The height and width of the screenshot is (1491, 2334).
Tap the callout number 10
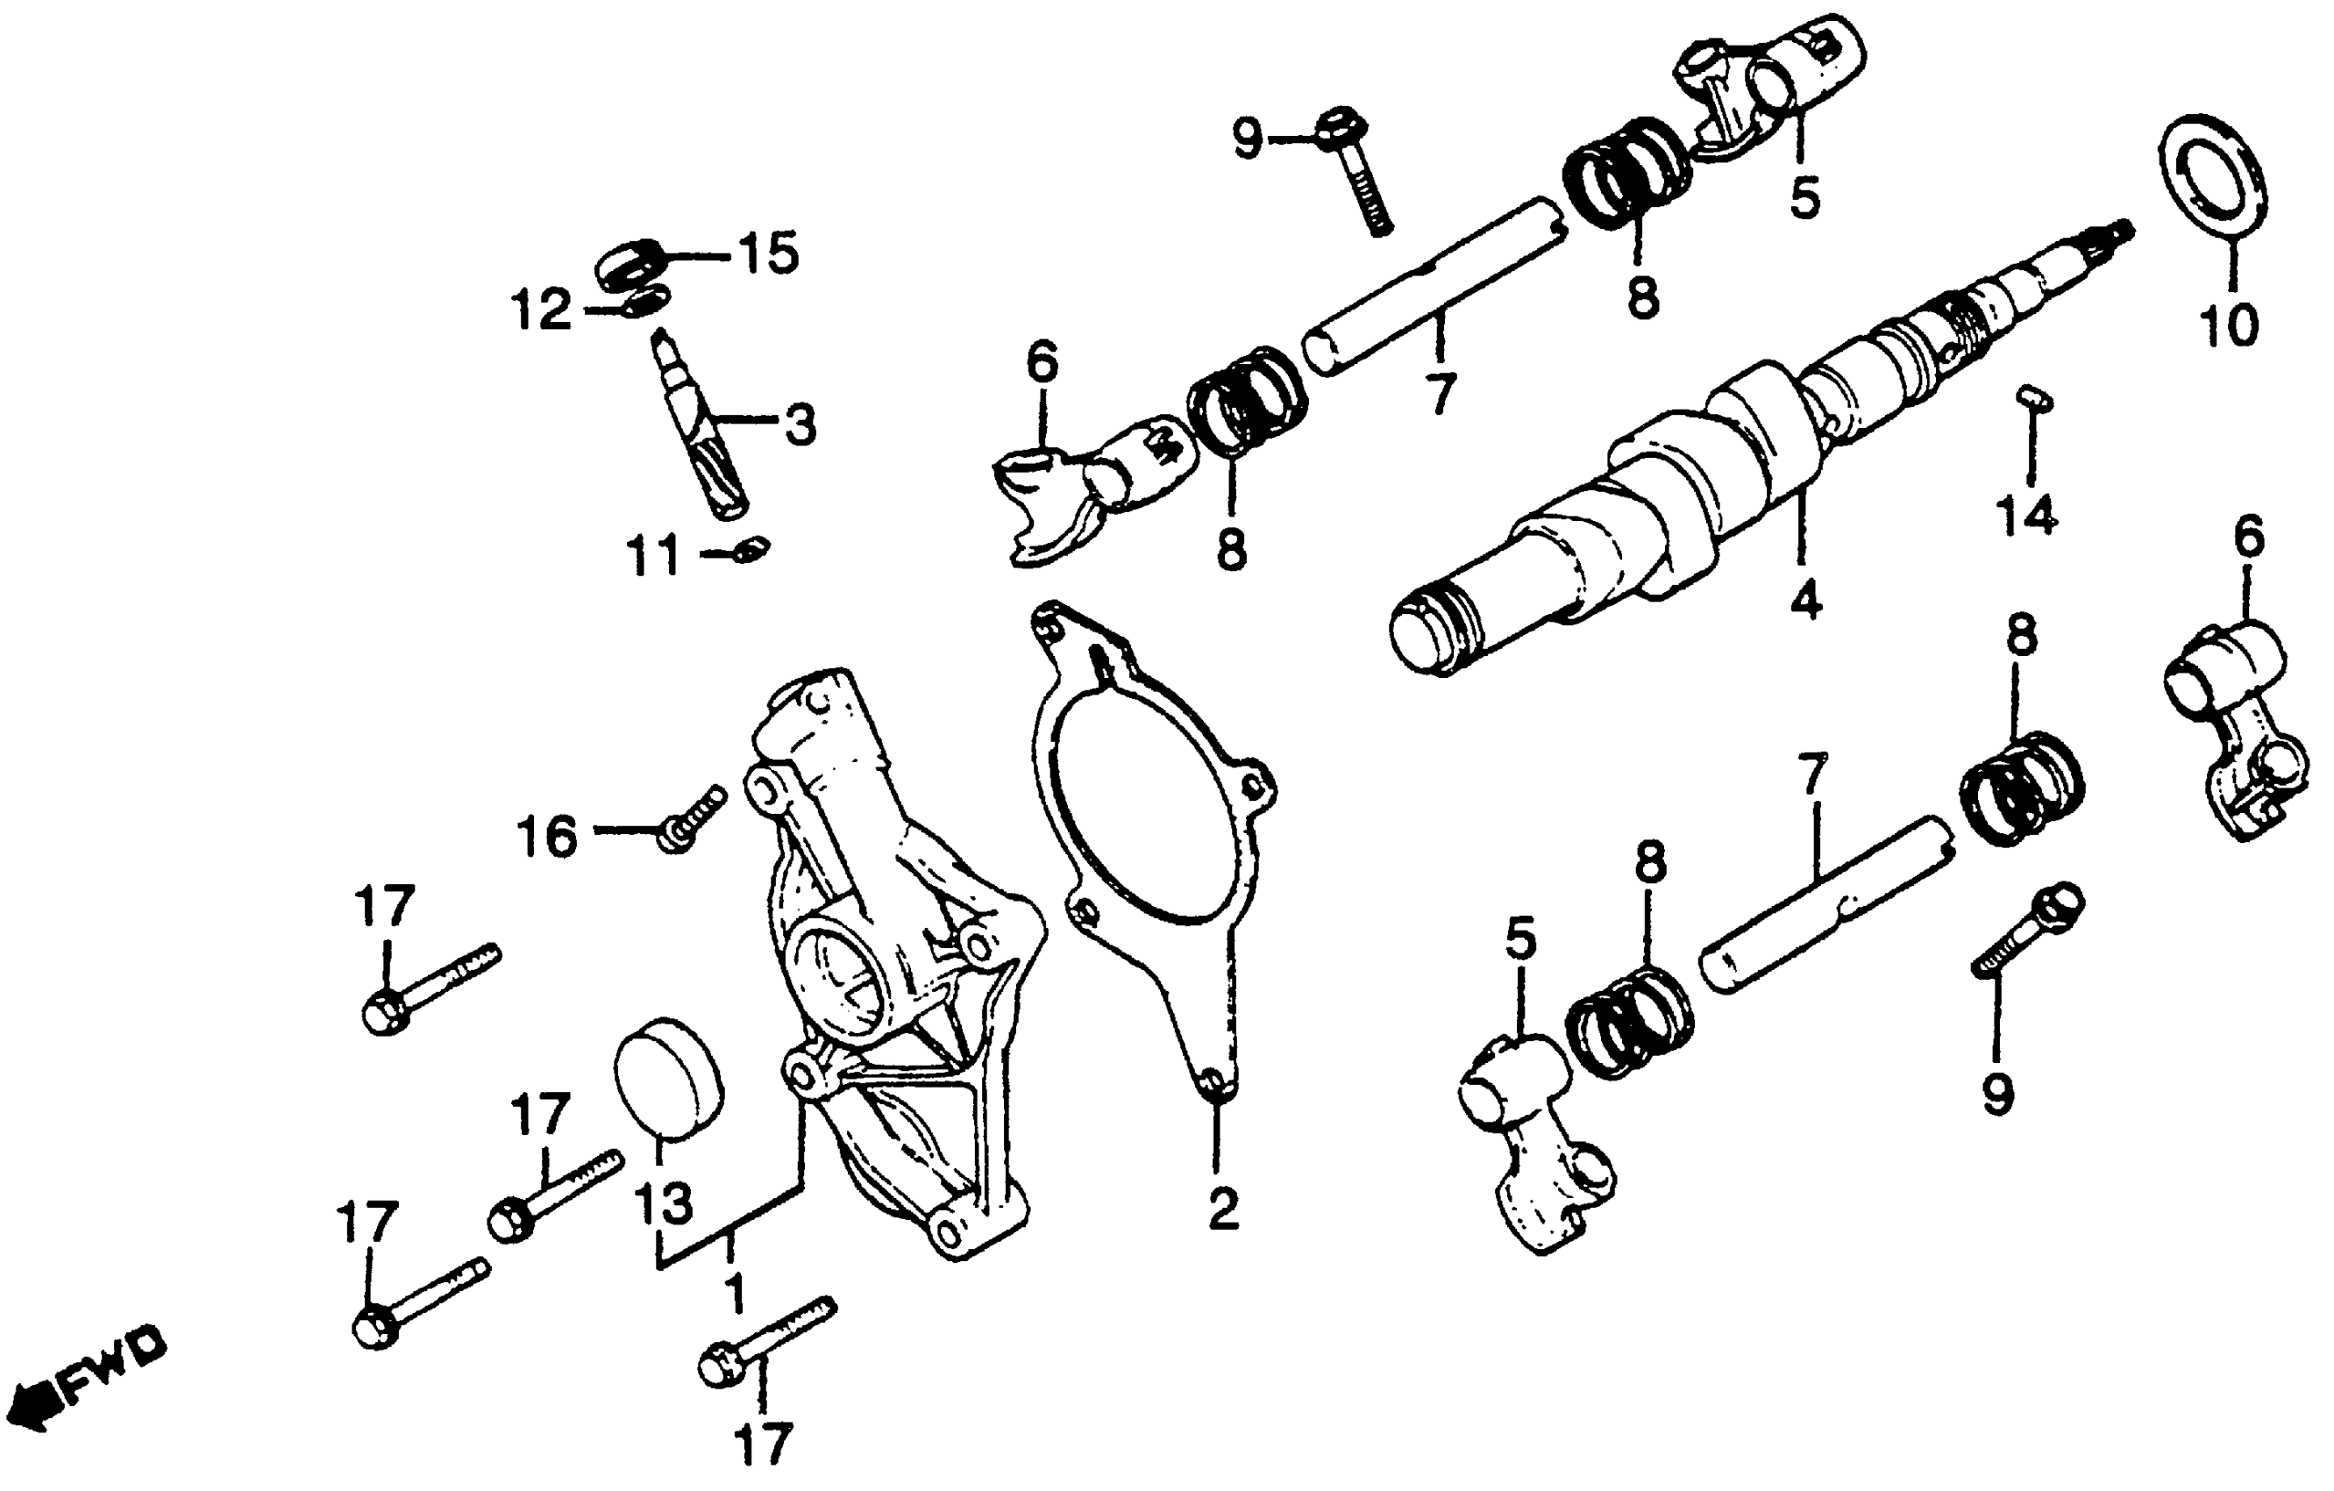point(2230,325)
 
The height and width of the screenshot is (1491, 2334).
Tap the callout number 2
point(1222,1209)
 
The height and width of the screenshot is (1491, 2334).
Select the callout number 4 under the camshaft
point(1804,601)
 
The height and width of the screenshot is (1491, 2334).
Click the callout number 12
point(542,311)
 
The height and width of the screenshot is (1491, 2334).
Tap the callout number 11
point(655,560)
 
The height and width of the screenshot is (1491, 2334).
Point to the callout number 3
point(800,425)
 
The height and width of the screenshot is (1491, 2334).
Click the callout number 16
point(549,836)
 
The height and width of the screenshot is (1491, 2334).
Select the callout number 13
point(664,1203)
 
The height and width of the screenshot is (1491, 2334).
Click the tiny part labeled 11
point(752,550)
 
